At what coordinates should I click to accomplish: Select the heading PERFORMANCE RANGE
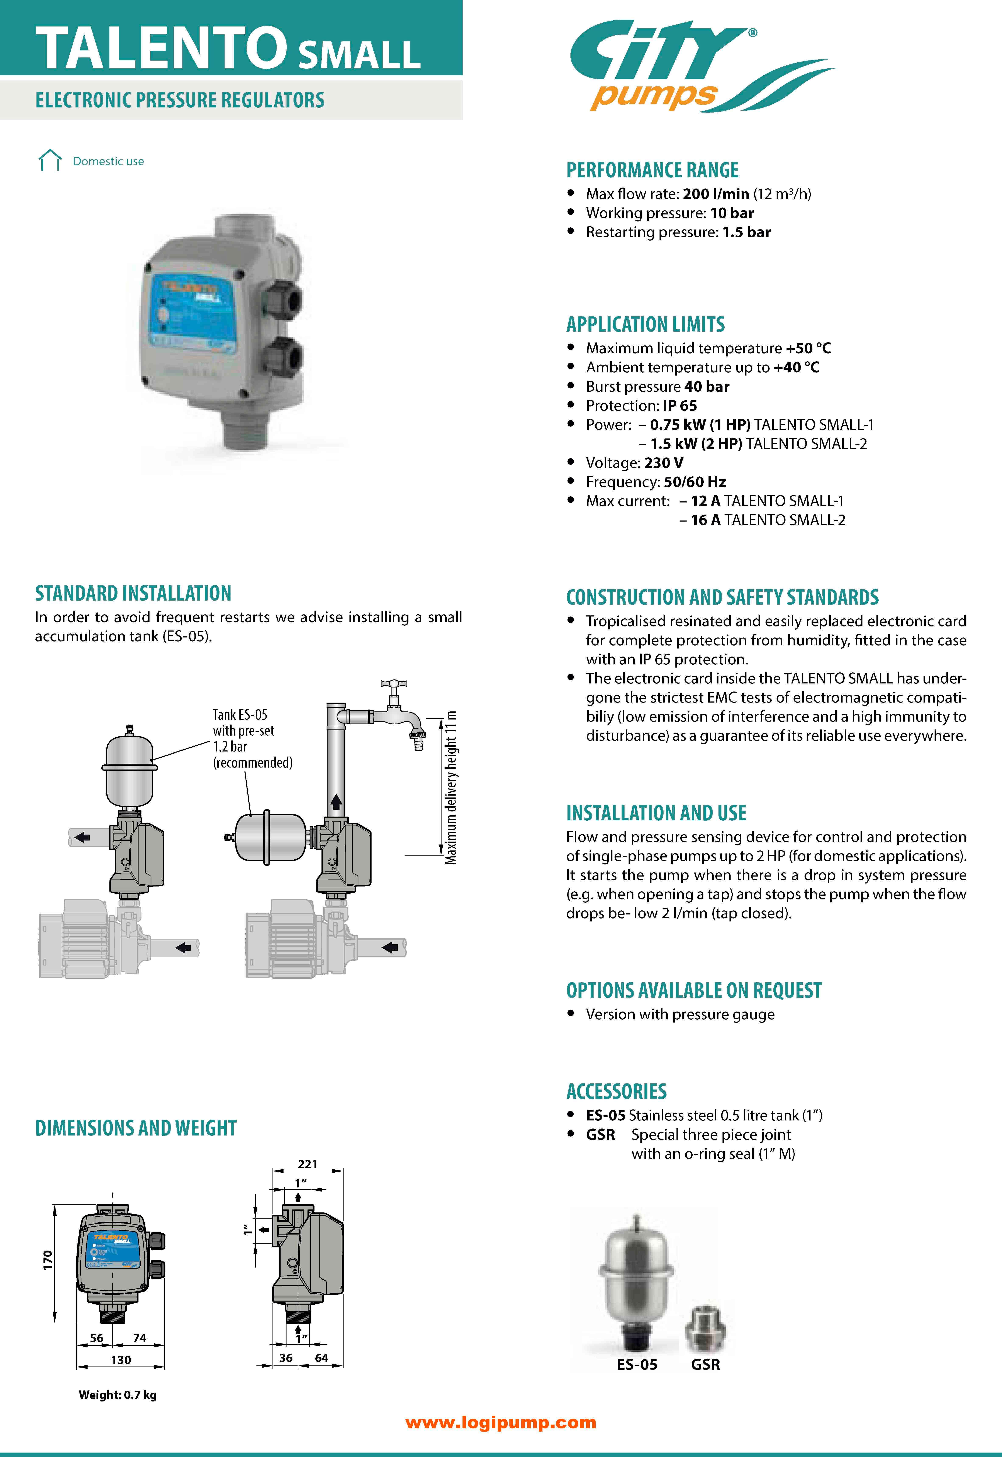point(652,170)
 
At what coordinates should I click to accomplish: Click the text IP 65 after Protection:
point(680,405)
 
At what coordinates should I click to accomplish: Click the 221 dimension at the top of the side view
point(308,1164)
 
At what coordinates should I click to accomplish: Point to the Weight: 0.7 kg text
point(117,1395)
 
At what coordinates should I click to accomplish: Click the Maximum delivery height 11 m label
point(451,788)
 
